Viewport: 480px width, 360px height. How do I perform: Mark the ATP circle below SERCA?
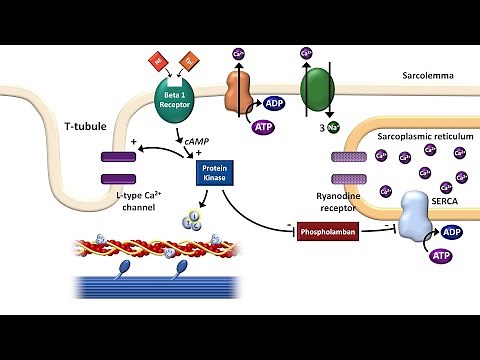tap(438, 257)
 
